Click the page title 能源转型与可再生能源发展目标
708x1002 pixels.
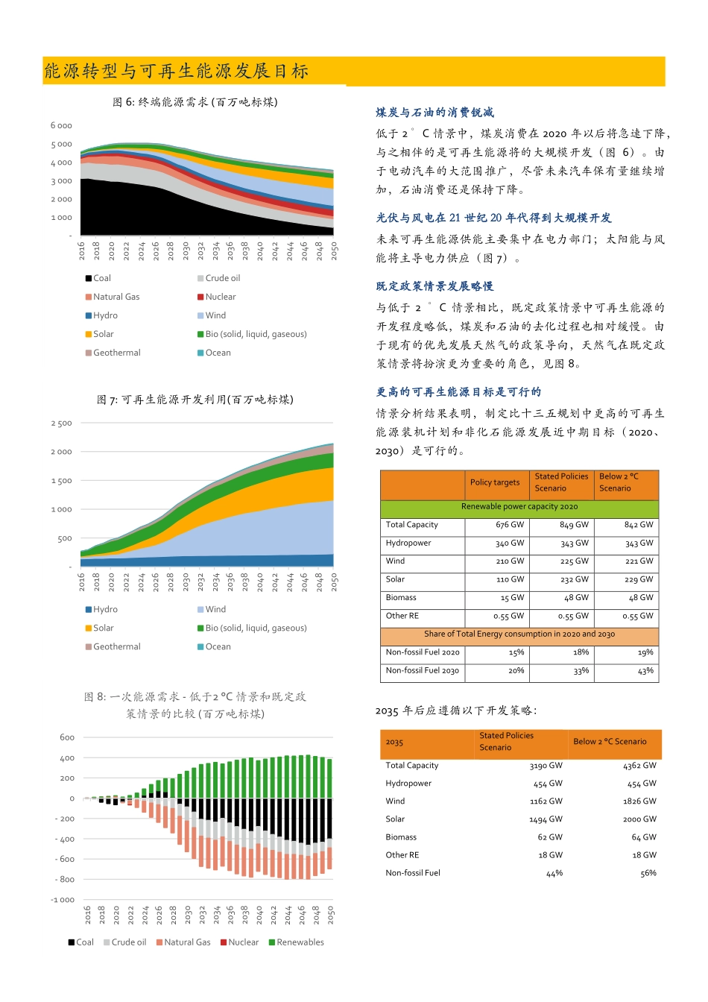177,72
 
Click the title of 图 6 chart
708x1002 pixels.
195,102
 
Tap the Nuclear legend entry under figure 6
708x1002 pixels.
220,297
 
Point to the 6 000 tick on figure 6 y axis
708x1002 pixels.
62,126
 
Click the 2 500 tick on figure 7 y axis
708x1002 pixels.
62,423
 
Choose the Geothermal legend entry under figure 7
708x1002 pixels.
116,646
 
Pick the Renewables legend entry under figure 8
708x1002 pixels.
300,942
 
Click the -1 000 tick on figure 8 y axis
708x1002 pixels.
63,900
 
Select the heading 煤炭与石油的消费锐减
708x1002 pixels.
434,113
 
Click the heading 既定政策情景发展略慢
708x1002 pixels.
434,286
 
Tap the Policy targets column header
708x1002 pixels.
495,482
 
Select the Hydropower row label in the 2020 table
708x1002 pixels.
408,543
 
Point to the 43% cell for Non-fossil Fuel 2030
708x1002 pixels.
645,671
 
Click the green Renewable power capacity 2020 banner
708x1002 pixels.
519,507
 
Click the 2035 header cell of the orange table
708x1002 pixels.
395,743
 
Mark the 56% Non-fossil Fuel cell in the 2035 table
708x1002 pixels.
648,873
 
